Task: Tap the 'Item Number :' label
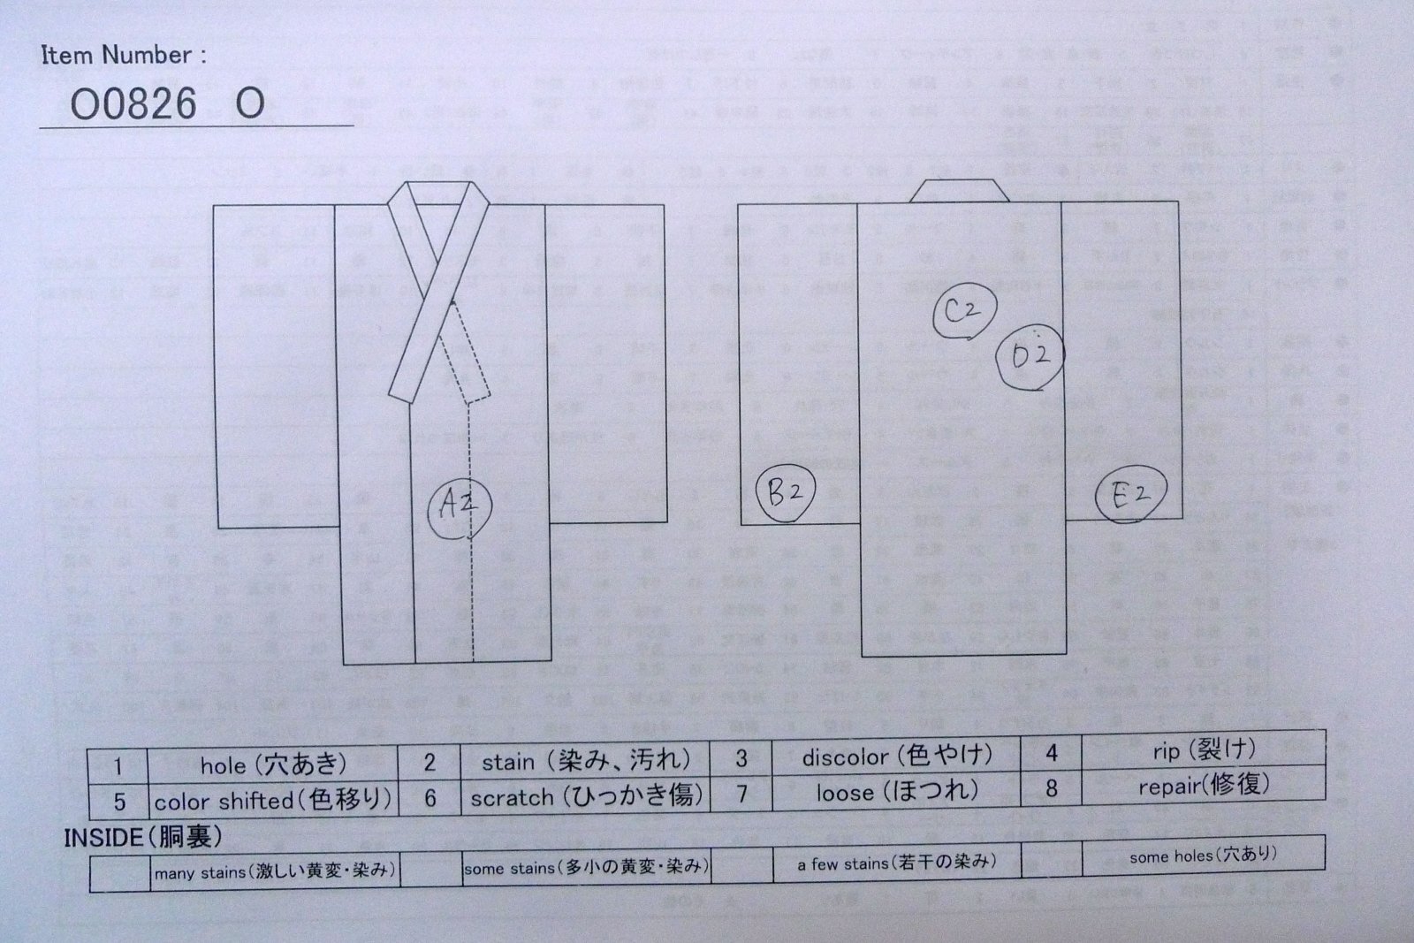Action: pos(124,55)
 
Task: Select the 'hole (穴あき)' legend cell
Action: pos(272,764)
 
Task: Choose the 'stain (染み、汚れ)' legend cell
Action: pos(586,761)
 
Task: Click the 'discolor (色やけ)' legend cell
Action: pos(896,757)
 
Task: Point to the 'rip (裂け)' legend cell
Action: pos(1203,751)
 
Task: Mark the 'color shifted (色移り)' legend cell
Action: pos(272,801)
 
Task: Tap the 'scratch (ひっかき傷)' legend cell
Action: pos(586,796)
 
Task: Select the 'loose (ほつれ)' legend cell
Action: pos(896,792)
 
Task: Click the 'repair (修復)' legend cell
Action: pos(1203,786)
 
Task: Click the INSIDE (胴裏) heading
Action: pos(142,837)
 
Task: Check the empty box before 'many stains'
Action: pos(119,874)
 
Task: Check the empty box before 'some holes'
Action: pos(1051,857)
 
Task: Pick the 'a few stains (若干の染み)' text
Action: pos(896,863)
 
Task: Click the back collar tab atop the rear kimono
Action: pos(960,190)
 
